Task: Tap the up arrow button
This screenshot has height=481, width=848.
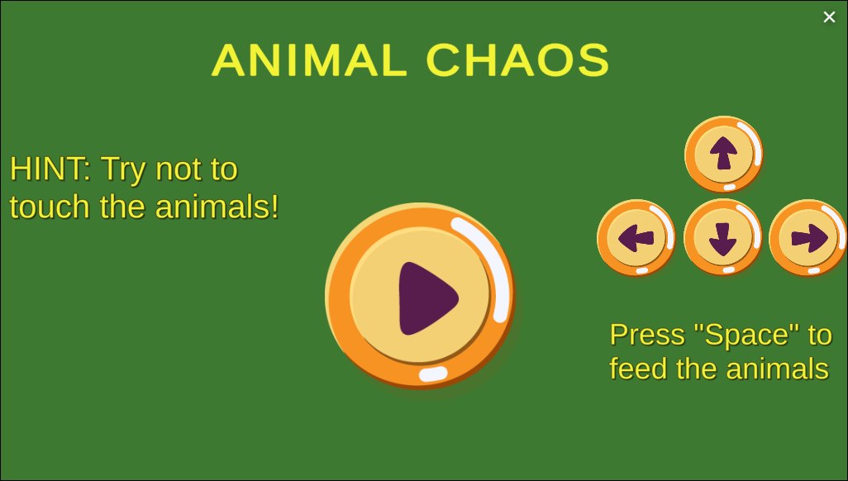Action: tap(723, 154)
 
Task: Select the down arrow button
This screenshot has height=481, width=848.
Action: tap(722, 238)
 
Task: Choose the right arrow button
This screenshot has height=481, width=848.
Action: tap(808, 238)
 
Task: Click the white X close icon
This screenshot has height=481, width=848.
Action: tap(829, 17)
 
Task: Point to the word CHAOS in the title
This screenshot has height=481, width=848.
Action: tap(518, 60)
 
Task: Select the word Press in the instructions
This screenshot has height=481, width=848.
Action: tap(647, 335)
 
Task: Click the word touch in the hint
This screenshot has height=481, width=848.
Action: tap(50, 207)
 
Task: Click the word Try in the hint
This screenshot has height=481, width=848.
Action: tap(124, 169)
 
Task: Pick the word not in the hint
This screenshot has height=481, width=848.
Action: tap(179, 169)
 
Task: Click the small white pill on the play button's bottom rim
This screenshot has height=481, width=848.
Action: tap(433, 374)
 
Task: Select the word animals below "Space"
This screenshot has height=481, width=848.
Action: tap(775, 369)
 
